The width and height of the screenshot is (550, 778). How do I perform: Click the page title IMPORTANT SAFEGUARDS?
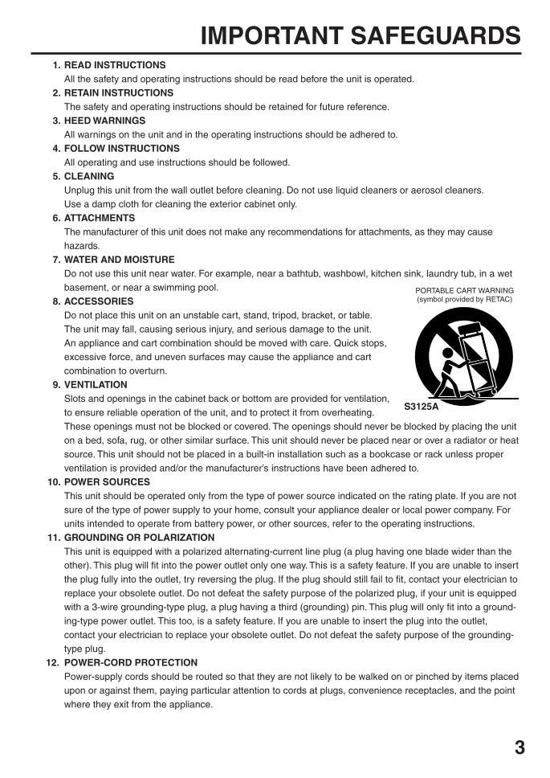coord(361,35)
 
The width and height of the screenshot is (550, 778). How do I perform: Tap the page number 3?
coord(519,748)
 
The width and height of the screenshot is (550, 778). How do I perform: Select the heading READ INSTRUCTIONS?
coord(115,65)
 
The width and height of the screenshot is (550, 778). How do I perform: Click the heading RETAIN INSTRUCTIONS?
coord(119,93)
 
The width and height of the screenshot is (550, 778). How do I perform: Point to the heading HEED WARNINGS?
coord(104,121)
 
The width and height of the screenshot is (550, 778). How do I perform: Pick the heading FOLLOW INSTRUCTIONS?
coord(121,149)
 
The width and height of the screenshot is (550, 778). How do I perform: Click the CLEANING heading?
coord(89,176)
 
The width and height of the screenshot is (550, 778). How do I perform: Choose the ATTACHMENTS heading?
coord(100,218)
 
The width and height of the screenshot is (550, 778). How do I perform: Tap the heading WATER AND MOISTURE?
coord(119,260)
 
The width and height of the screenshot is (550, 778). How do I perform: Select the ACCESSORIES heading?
coord(99,301)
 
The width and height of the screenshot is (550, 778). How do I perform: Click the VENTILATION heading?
coord(96,385)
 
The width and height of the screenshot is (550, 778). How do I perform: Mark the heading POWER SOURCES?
coord(107,482)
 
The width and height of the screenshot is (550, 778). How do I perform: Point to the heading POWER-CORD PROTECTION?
coord(131,663)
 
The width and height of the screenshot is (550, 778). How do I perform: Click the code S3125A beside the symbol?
coord(422,407)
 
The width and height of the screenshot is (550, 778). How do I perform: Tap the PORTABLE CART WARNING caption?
coord(464,290)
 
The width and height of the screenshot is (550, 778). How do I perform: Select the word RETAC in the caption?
coord(497,300)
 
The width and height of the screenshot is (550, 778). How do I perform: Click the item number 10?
coord(53,482)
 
